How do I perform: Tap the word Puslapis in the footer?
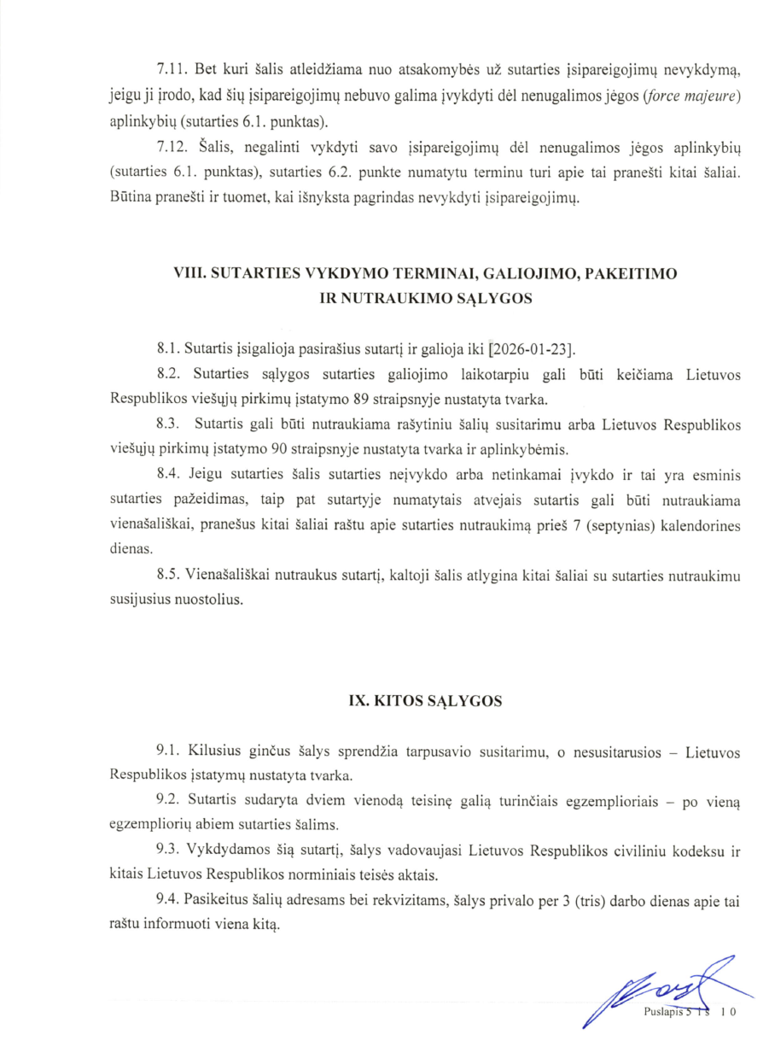[664, 1012]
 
